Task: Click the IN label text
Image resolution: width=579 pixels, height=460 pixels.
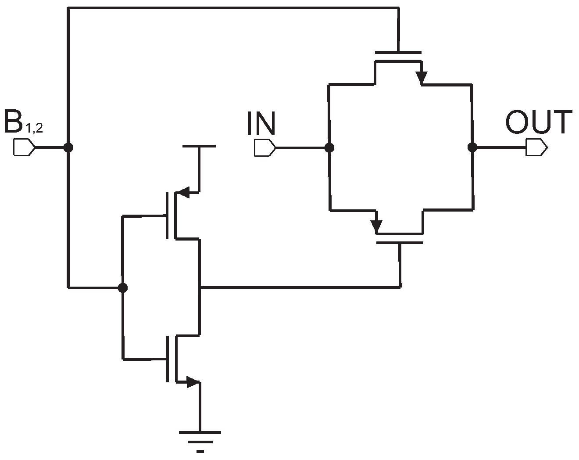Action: point(261,123)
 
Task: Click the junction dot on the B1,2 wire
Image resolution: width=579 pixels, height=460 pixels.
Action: point(68,147)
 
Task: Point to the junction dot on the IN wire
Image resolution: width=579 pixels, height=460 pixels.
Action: point(329,147)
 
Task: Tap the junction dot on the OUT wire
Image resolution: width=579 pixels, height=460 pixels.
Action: point(472,147)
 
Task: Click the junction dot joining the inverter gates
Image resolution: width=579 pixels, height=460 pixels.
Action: point(123,288)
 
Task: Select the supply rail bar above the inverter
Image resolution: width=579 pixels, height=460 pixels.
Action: point(199,146)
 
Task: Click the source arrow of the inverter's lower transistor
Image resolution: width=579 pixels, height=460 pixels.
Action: point(192,382)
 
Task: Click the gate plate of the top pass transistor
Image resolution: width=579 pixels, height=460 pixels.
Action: point(398,52)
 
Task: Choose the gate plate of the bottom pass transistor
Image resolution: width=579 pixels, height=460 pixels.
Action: point(400,242)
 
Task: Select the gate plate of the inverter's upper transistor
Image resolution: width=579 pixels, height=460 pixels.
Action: point(168,216)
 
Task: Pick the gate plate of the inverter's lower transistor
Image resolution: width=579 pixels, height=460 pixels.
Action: point(168,359)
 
